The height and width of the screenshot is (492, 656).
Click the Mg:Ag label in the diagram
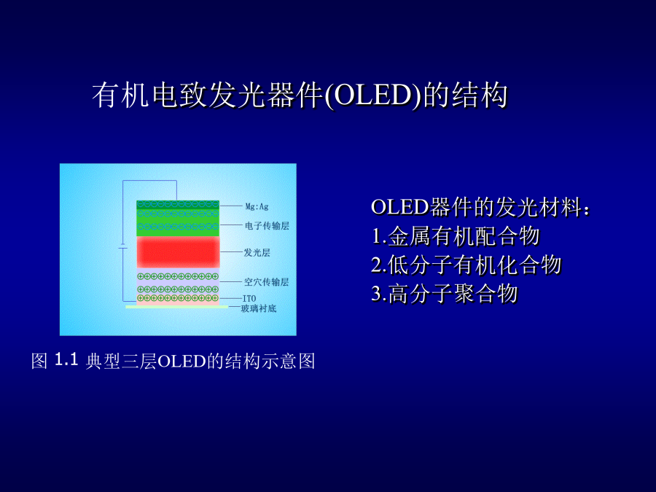[x=257, y=206]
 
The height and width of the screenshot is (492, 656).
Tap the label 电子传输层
[x=267, y=226]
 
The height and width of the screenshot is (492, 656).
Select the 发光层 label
[x=257, y=252]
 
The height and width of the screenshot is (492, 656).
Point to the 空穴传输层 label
[x=267, y=282]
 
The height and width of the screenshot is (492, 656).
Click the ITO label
[x=249, y=298]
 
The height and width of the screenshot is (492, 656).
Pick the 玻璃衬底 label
[x=259, y=309]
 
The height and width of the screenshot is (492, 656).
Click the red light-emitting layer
[x=179, y=252]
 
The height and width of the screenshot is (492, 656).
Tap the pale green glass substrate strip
[x=177, y=307]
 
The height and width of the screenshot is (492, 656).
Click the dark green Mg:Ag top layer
[x=178, y=205]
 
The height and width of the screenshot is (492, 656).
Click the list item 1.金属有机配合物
[x=456, y=236]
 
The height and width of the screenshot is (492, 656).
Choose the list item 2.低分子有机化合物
[x=466, y=265]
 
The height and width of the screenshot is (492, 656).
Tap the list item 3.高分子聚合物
[x=445, y=293]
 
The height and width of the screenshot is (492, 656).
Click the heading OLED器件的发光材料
[x=480, y=207]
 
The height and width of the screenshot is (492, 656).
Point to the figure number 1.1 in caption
[x=66, y=359]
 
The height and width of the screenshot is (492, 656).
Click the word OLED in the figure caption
[x=182, y=362]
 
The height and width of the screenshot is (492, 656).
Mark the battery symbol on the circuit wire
[x=122, y=246]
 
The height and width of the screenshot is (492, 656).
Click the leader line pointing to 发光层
[x=231, y=252]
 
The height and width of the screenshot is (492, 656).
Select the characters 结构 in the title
[x=480, y=95]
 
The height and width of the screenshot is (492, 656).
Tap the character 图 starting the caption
[x=39, y=361]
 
